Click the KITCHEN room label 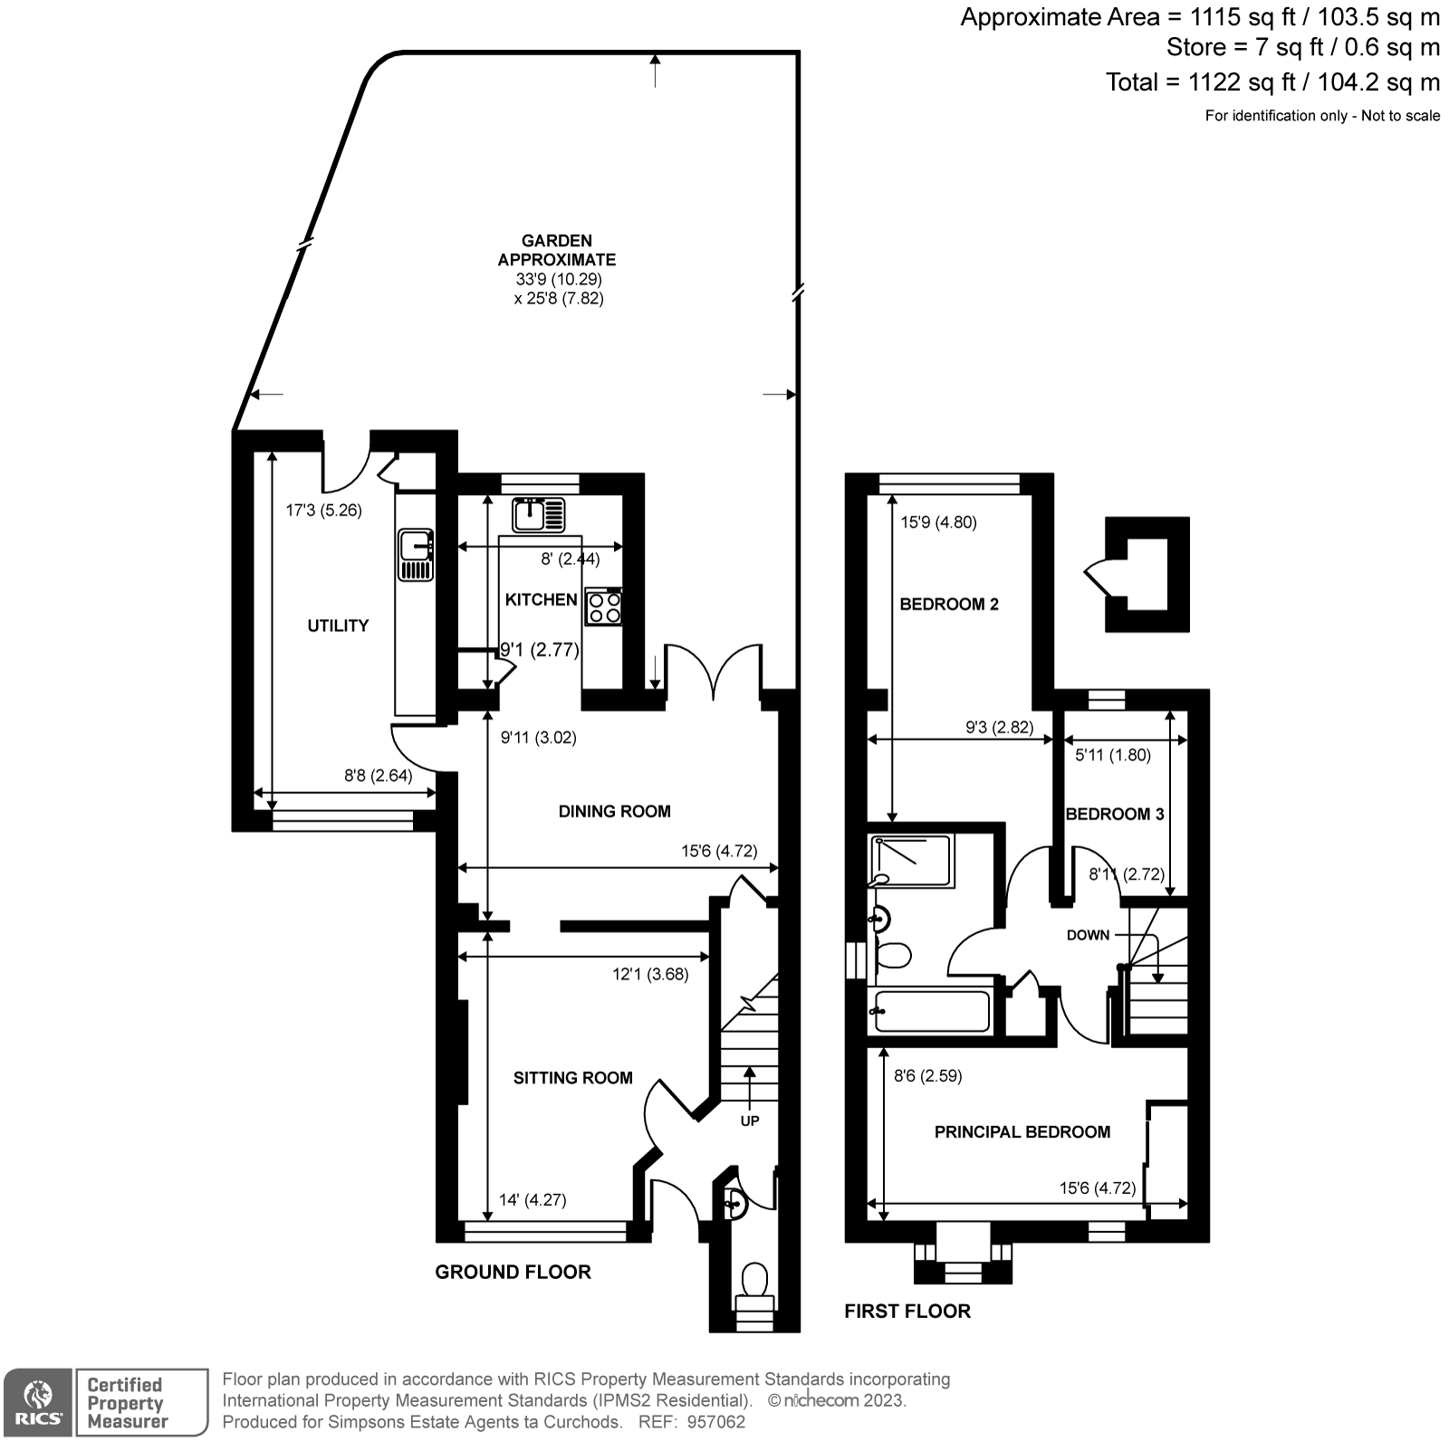click(x=541, y=599)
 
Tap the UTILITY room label click(x=338, y=625)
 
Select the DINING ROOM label click(x=614, y=811)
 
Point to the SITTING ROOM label click(x=572, y=1077)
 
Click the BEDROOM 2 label click(x=948, y=604)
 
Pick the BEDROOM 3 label click(x=1114, y=814)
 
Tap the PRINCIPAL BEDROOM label click(x=1022, y=1131)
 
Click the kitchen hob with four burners click(x=603, y=606)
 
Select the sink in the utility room click(x=416, y=555)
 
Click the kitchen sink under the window click(x=539, y=514)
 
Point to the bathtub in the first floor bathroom click(x=929, y=1011)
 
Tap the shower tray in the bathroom click(x=912, y=861)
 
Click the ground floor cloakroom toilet click(x=753, y=1283)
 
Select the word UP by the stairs click(x=750, y=1121)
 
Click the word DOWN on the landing click(x=1087, y=935)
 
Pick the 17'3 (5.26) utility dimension click(x=324, y=511)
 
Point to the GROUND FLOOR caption click(x=513, y=1272)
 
